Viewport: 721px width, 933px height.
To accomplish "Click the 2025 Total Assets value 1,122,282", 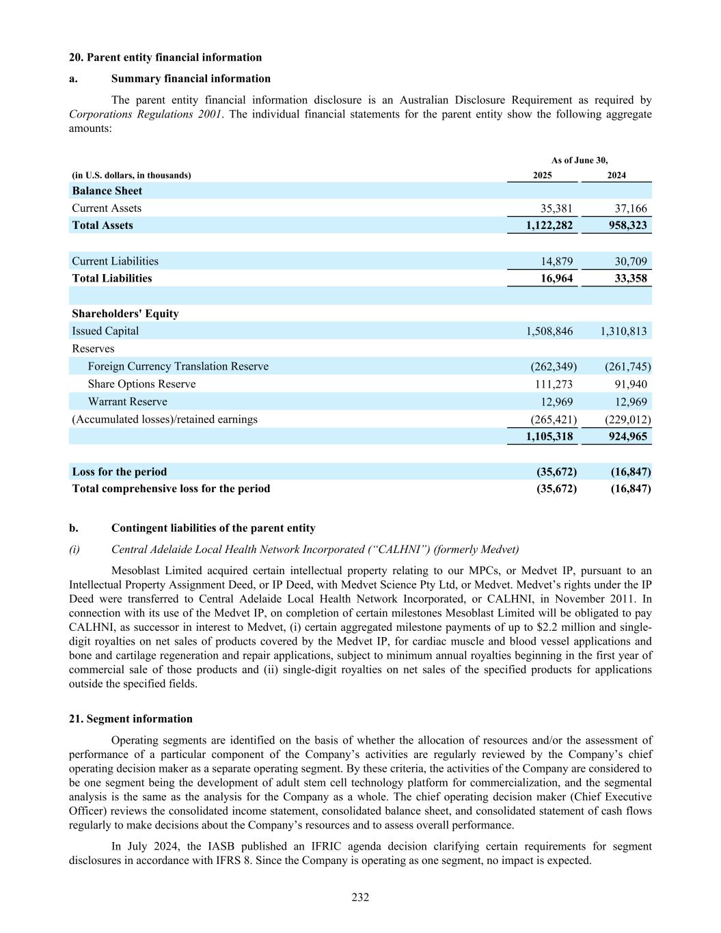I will pos(549,226).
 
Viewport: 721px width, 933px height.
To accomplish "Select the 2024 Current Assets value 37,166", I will pos(627,208).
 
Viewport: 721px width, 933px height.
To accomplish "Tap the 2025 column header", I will pos(542,176).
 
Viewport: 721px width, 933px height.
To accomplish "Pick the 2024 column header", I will pos(616,176).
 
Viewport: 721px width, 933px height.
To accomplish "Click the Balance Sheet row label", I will pos(107,191).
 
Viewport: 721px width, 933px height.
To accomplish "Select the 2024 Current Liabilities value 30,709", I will pos(627,261).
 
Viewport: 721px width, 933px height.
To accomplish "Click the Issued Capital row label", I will pos(105,331).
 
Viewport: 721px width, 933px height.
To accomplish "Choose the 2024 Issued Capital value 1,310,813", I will pos(623,331).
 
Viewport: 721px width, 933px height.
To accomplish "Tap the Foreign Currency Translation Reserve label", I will pos(178,366).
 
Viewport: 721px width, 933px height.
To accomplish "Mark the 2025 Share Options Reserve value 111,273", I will pos(554,384).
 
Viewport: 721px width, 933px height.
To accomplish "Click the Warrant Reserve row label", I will pos(127,402).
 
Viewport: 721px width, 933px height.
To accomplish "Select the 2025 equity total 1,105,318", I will pos(549,437).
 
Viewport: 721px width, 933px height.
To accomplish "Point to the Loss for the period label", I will pos(120,472).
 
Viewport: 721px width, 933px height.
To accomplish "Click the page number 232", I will pos(360,897).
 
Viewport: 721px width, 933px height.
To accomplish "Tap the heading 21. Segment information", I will pos(131,719).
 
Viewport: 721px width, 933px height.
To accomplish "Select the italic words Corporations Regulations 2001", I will pos(145,114).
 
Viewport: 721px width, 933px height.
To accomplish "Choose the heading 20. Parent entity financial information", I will pos(165,57).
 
